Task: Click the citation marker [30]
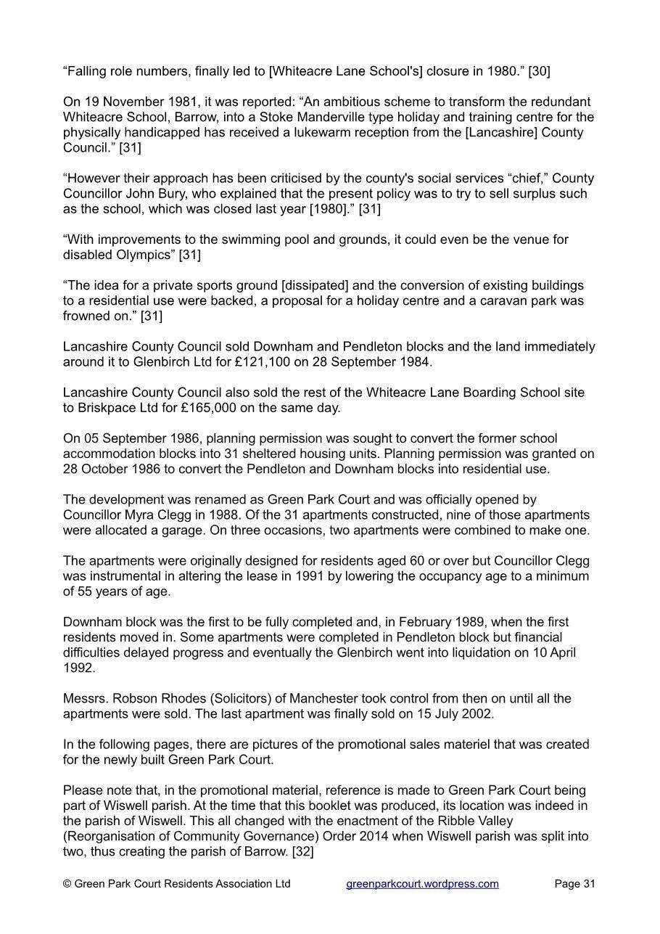click(x=539, y=71)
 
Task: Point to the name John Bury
click(x=155, y=194)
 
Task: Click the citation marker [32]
click(x=302, y=851)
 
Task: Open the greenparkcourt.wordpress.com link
click(x=422, y=883)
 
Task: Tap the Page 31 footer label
click(x=574, y=883)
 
